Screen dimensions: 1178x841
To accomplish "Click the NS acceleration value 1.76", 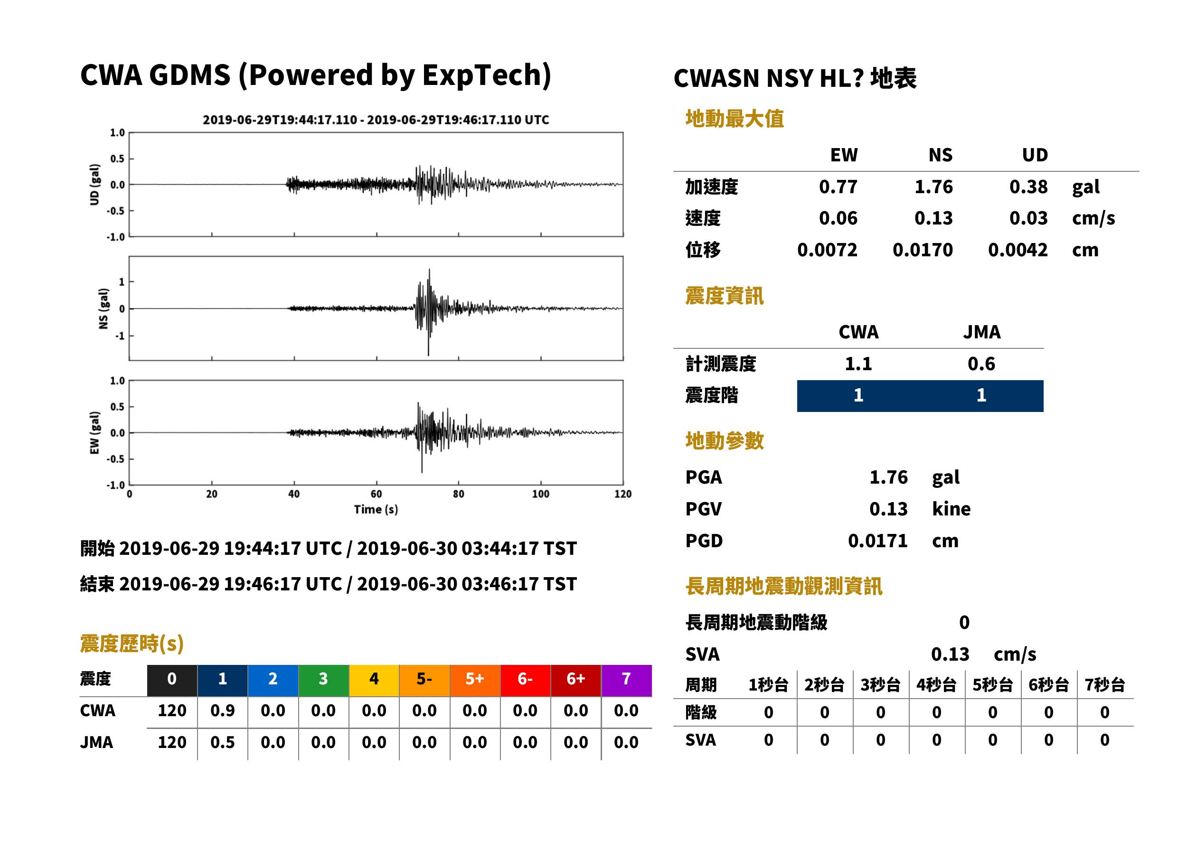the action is (933, 187).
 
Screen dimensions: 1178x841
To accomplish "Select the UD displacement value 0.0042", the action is (1018, 250).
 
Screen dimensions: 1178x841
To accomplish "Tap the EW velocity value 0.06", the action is (838, 218).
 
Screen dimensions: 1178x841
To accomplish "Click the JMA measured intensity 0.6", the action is (981, 364).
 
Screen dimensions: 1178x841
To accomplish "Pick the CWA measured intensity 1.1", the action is (858, 364).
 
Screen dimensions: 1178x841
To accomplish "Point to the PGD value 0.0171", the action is (877, 541).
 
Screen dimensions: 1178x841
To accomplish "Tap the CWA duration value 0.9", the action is (222, 711).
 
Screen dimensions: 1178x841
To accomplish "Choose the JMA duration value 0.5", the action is (222, 743).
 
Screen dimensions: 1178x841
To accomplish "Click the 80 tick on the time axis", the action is (459, 494).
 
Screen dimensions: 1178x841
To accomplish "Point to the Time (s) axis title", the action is (376, 510).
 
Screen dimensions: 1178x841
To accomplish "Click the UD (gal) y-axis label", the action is (94, 185).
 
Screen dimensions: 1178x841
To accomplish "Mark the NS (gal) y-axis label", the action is (104, 308).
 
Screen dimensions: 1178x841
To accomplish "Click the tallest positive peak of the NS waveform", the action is (429, 270).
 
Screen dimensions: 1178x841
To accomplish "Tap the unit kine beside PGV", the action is (951, 509).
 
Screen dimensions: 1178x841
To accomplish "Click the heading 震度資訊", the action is (724, 296).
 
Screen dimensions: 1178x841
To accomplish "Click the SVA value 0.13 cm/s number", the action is (950, 654).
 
